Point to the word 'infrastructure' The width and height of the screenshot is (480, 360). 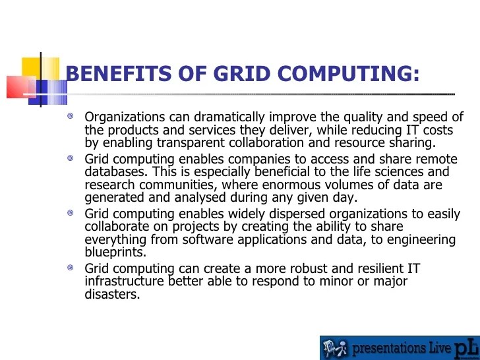click(x=125, y=282)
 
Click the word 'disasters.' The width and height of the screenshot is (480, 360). click(x=112, y=294)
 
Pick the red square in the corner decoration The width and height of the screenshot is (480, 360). click(x=17, y=86)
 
